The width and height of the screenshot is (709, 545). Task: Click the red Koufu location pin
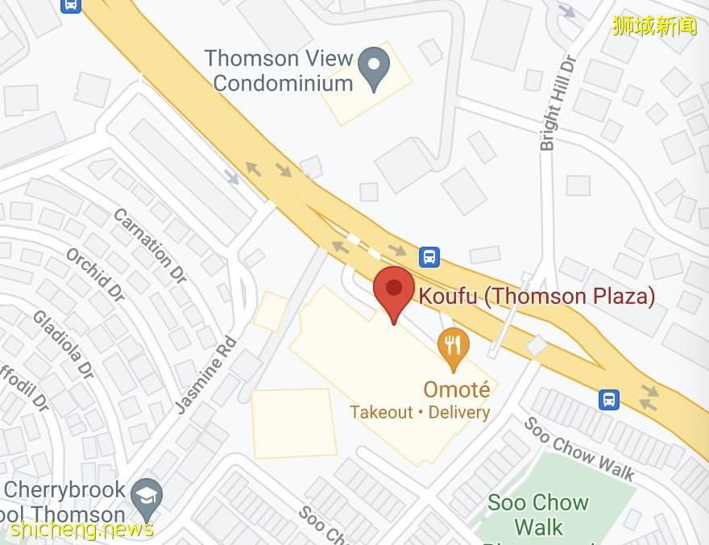[393, 290]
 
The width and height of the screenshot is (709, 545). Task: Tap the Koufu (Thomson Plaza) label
[537, 296]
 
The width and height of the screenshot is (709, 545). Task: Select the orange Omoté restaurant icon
[454, 345]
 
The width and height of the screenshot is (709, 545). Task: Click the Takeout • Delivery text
[420, 412]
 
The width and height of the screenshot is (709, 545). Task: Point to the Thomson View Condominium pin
[373, 66]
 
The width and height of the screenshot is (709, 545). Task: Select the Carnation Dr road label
[150, 245]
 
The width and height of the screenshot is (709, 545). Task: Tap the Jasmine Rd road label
[206, 374]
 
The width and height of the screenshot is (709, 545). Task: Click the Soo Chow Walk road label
[579, 448]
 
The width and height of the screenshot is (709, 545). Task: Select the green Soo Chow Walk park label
[538, 515]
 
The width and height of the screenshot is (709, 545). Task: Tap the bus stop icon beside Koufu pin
[429, 257]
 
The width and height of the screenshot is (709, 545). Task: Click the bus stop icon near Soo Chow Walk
[609, 399]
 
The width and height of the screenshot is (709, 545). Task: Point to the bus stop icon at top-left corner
[70, 5]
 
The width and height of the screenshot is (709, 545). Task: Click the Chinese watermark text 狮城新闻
[654, 26]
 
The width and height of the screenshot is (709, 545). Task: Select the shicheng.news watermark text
[81, 529]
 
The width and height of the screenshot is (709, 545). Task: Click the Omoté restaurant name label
[456, 389]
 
